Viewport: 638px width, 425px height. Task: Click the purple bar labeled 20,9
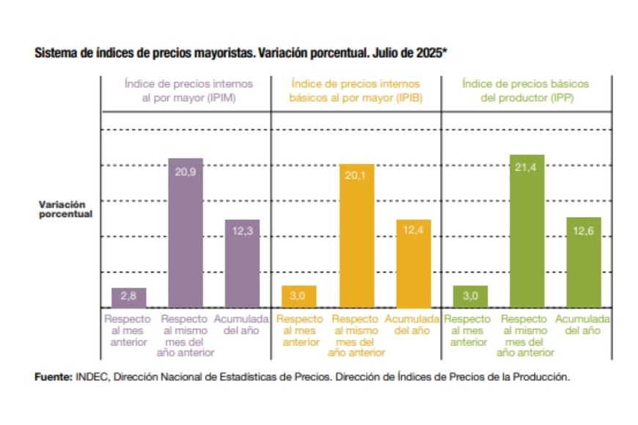186,233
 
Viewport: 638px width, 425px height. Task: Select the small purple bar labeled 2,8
128,297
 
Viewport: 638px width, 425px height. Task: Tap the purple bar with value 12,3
242,264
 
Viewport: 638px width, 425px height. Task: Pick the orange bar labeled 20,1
356,236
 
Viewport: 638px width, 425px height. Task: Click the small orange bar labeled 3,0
299,296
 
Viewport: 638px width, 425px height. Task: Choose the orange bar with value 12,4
414,264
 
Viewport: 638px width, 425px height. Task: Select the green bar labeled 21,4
527,232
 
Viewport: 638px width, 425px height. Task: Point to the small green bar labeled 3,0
470,296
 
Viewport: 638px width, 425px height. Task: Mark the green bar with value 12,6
584,262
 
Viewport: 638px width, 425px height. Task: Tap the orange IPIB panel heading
356,90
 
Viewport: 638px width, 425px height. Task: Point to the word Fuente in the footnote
52,377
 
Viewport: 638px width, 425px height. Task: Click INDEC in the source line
89,377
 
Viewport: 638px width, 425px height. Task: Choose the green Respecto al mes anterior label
469,330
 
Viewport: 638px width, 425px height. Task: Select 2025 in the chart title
430,54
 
